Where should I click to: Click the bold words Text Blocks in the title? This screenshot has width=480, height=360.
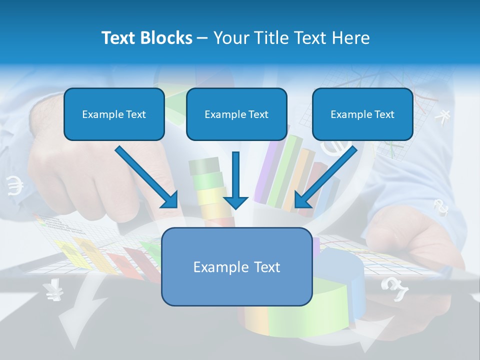tap(146, 38)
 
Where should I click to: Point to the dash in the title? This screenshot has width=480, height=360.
tap(202, 38)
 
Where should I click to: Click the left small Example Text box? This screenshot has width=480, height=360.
tap(114, 114)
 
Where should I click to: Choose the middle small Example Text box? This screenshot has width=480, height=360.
tap(236, 114)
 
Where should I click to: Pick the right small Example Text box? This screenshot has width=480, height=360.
tap(362, 114)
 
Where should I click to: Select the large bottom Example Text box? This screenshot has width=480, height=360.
tap(237, 266)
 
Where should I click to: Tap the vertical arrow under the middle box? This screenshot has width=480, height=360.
tap(235, 180)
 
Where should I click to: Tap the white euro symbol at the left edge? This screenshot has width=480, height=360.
tap(15, 186)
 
